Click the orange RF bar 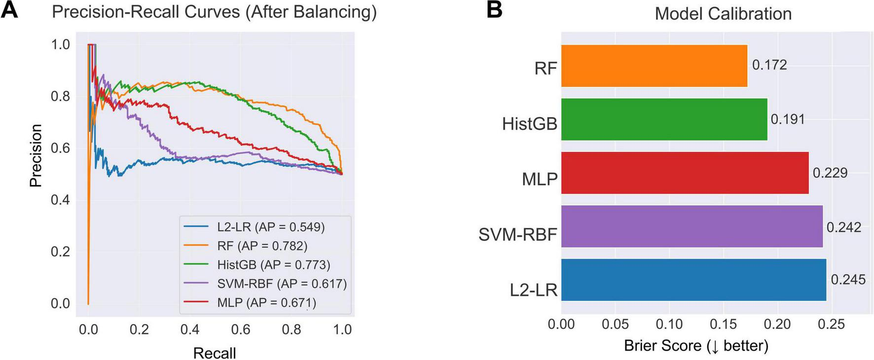pyautogui.click(x=654, y=66)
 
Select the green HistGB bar pyautogui.click(x=664, y=119)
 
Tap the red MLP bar pyautogui.click(x=685, y=173)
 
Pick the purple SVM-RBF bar pyautogui.click(x=692, y=226)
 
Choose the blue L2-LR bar pyautogui.click(x=693, y=280)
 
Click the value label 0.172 pyautogui.click(x=769, y=65)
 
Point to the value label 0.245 pyautogui.click(x=848, y=280)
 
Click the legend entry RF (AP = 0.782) pyautogui.click(x=262, y=246)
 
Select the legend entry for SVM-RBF pyautogui.click(x=282, y=284)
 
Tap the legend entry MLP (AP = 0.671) pyautogui.click(x=266, y=302)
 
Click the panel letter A pyautogui.click(x=9, y=10)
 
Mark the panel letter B pyautogui.click(x=494, y=10)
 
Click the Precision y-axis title pyautogui.click(x=36, y=155)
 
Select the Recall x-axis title pyautogui.click(x=214, y=353)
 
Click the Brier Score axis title pyautogui.click(x=696, y=346)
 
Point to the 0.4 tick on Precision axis pyautogui.click(x=60, y=200)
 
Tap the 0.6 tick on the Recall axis pyautogui.click(x=240, y=329)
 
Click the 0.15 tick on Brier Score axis pyautogui.click(x=723, y=324)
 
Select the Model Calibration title pyautogui.click(x=723, y=14)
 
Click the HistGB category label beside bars pyautogui.click(x=529, y=124)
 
